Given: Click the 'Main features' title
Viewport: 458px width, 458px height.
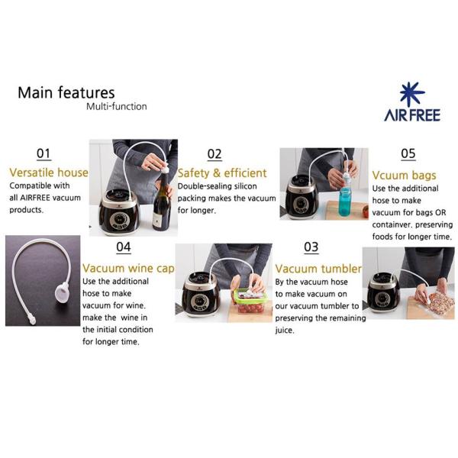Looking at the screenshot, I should (66, 93).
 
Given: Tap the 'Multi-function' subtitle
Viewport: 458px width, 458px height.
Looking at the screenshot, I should (116, 107).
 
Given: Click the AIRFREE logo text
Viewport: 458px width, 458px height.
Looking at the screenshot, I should (411, 116).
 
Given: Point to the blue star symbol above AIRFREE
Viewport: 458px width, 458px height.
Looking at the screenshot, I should (412, 95).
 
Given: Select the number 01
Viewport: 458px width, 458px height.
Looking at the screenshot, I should (44, 154).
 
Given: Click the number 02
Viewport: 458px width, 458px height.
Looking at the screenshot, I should (214, 154).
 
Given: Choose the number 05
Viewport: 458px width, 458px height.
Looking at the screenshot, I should (408, 154).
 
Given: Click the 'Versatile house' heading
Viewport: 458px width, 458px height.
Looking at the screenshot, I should (49, 173).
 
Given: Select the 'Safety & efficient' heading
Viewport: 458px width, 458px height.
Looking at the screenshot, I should (222, 173).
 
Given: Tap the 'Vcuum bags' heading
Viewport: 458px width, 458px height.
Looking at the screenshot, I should (404, 175).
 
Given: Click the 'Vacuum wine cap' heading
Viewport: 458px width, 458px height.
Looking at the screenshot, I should (128, 268).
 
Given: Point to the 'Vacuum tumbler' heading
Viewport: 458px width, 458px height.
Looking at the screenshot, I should (318, 268).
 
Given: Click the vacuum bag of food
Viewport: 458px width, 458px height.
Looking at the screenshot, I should (431, 303).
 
